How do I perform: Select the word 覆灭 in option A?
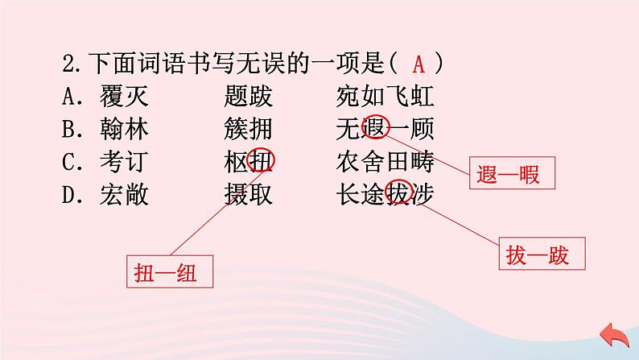125,97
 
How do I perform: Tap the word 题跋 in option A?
249,97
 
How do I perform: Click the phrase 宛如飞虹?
386,97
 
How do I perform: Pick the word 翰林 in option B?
125,130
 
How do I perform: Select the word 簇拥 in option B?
249,130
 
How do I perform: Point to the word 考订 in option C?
125,162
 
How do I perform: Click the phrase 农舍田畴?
386,162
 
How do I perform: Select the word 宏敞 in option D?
125,194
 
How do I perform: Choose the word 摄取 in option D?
249,194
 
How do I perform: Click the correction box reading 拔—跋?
538,255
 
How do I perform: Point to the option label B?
68,130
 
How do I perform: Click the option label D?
68,194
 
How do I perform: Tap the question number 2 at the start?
68,64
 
